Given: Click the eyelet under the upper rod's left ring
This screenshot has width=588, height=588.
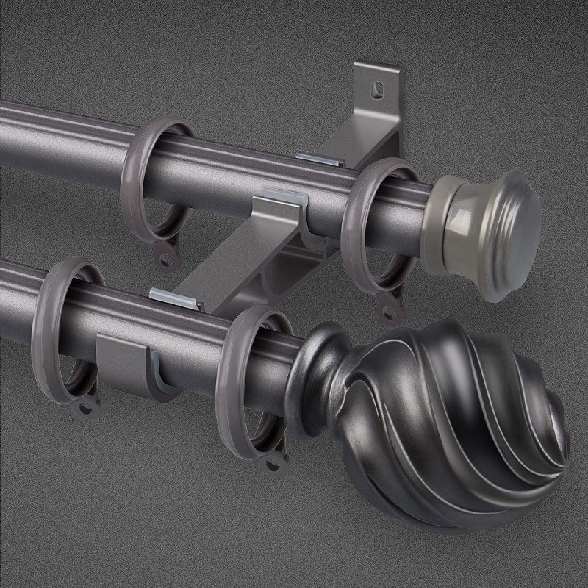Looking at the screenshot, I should pyautogui.click(x=168, y=259).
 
